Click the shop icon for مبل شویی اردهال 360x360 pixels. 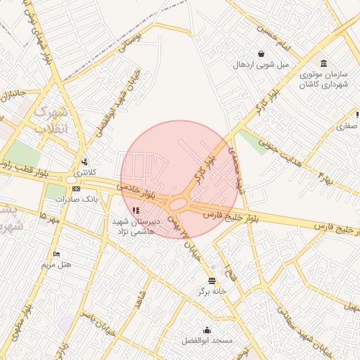click(262, 53)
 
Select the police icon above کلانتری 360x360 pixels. click(84, 161)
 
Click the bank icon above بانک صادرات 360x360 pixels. click(77, 188)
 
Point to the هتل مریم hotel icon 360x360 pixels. click(57, 254)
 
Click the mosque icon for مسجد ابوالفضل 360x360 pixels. click(207, 330)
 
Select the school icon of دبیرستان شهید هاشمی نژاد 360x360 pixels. click(136, 210)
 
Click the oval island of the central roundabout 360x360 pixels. click(179, 205)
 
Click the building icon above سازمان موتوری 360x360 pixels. click(323, 63)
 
